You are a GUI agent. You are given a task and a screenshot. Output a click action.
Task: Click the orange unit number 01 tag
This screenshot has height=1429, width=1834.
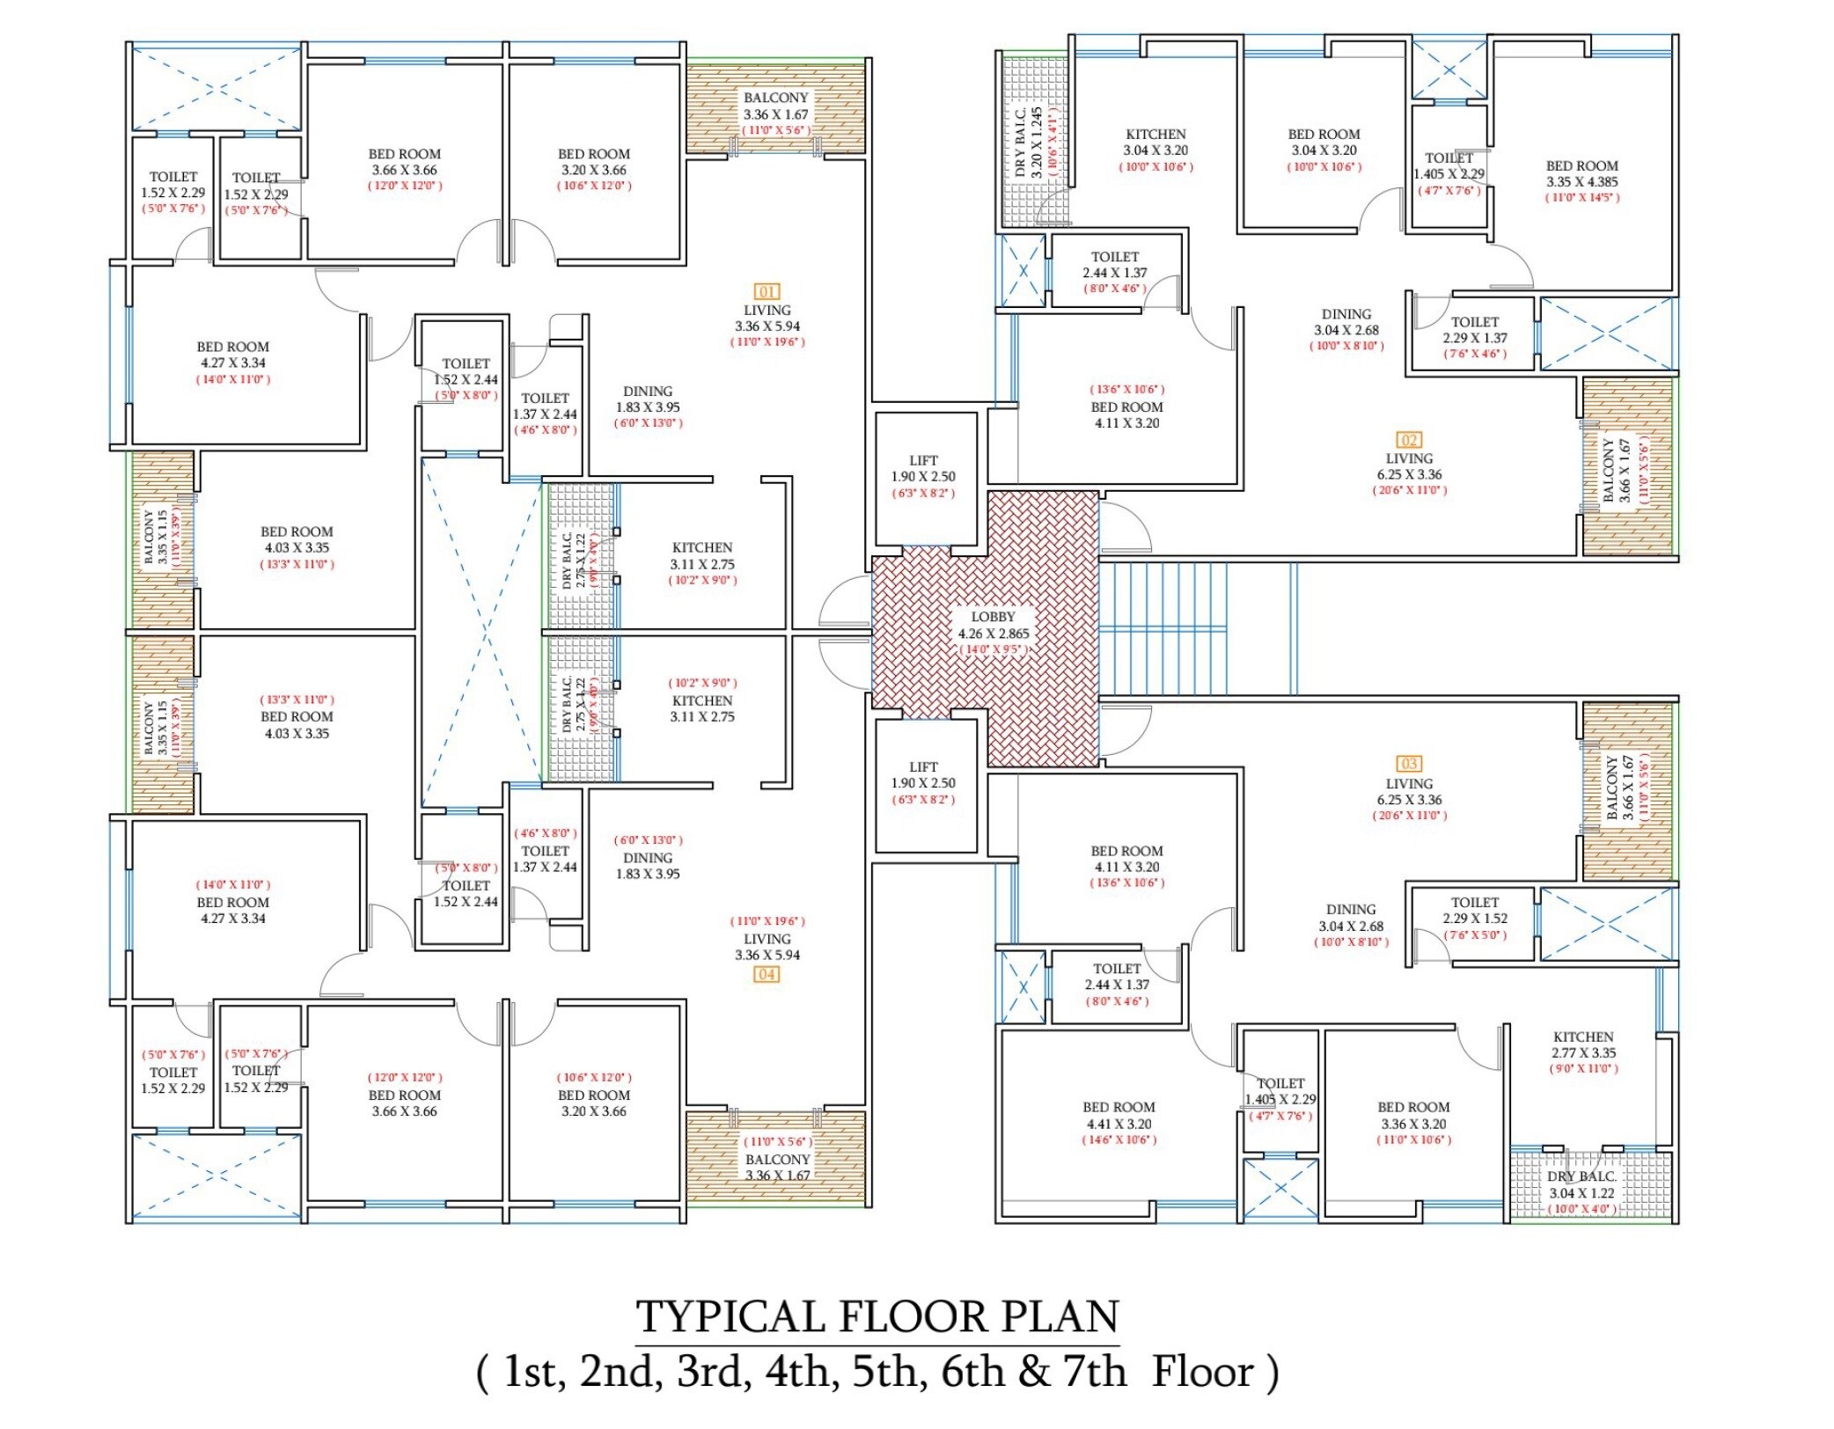(767, 291)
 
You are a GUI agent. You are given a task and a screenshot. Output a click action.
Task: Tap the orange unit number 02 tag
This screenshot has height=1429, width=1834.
(1409, 440)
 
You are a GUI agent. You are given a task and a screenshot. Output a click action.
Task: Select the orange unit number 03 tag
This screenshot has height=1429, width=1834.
(1409, 764)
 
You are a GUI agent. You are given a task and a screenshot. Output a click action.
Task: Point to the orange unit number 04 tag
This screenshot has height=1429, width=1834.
(767, 974)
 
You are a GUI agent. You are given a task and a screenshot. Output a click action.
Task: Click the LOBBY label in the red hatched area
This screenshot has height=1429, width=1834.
(993, 617)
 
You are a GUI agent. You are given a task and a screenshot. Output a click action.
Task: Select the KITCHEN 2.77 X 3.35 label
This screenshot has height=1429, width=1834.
(1583, 1044)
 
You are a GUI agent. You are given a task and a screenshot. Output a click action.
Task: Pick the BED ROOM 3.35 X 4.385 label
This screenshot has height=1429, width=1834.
(1582, 173)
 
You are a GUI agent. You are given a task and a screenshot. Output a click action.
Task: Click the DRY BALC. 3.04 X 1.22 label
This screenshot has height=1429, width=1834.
(1582, 1184)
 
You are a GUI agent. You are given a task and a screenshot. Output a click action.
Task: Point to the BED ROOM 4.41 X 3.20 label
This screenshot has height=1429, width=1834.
(1119, 1116)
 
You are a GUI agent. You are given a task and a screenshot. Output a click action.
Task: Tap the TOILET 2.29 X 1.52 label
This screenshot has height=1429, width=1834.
(1475, 910)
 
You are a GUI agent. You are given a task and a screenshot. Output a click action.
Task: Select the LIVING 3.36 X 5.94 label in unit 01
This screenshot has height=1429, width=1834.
(767, 318)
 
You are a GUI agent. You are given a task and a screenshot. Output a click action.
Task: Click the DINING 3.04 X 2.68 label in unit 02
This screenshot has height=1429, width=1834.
(1346, 322)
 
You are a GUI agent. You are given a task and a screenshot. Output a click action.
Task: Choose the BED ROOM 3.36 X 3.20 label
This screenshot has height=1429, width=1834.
(1413, 1116)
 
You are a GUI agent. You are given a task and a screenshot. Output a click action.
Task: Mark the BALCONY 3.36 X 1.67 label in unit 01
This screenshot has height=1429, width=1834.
(775, 106)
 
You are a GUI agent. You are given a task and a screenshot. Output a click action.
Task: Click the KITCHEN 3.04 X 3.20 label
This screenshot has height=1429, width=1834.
(1155, 142)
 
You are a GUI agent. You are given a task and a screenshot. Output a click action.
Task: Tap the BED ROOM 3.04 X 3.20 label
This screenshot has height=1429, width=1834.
(1324, 142)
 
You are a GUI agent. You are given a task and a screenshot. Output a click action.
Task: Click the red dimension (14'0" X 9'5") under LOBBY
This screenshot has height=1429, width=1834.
(993, 649)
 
